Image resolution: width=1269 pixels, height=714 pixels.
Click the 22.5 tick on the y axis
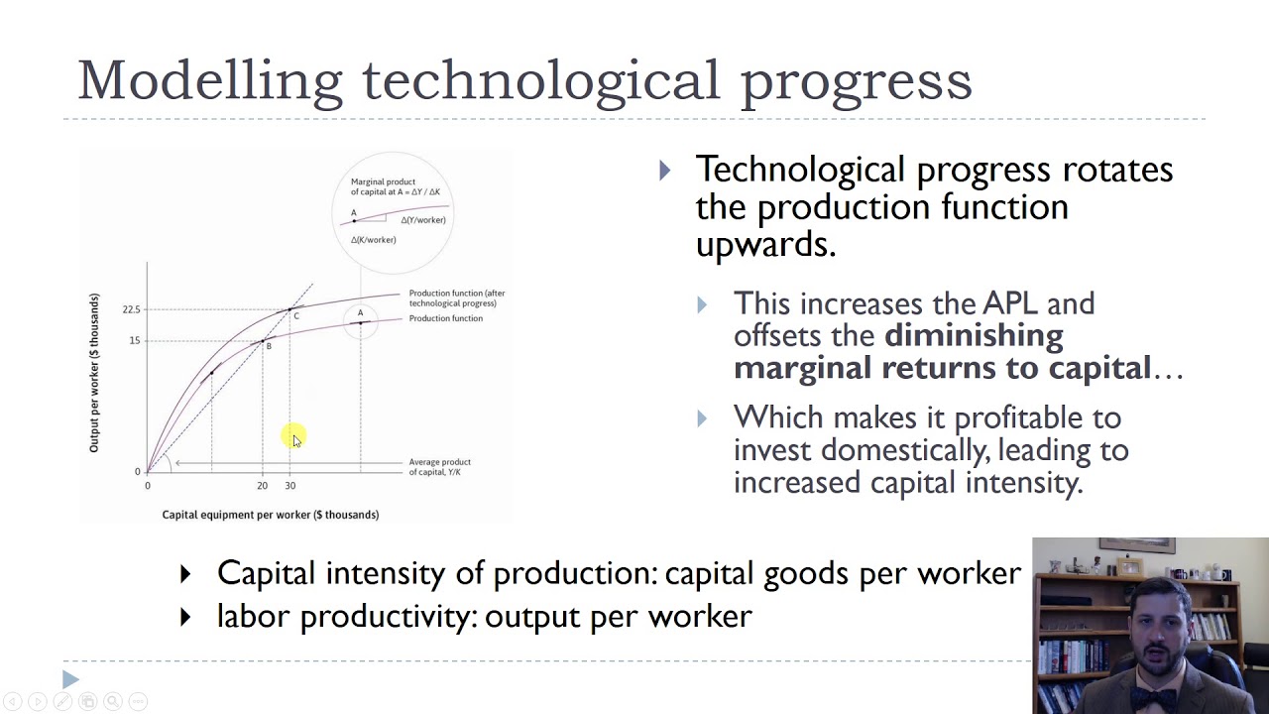pos(132,309)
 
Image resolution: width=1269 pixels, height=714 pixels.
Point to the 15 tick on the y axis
pos(135,341)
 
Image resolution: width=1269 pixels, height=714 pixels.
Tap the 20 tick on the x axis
pos(262,486)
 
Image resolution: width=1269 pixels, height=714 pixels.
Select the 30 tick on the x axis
pos(290,486)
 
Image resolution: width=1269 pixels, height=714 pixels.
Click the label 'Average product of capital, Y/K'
pos(439,467)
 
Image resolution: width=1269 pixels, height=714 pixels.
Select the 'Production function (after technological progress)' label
pos(457,297)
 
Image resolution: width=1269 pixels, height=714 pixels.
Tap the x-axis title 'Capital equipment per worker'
pos(270,515)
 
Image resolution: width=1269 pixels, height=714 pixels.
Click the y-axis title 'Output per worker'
pos(95,373)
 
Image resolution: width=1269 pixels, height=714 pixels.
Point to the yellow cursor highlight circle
pos(293,436)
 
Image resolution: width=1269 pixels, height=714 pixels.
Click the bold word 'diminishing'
pos(973,335)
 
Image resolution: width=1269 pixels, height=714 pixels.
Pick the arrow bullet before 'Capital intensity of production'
pos(185,573)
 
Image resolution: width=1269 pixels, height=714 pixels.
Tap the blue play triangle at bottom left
pos(70,679)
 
